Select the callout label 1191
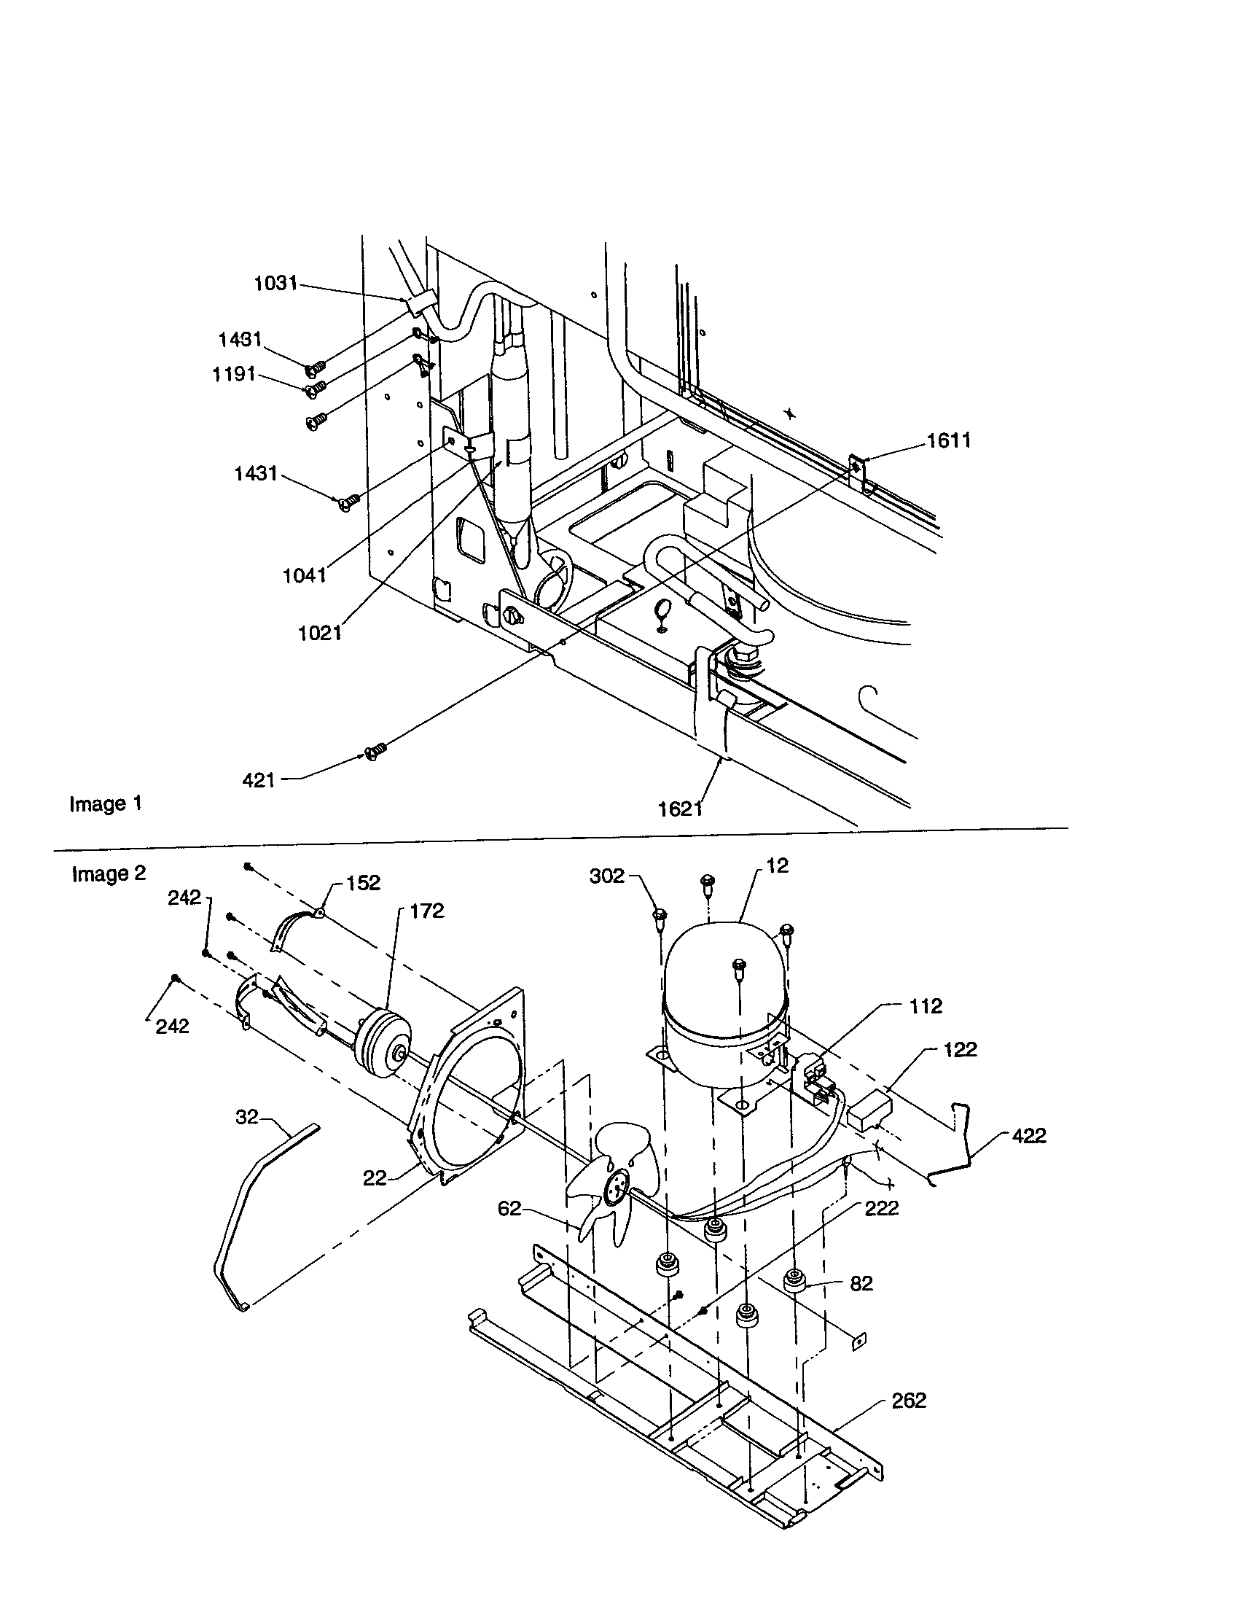tap(233, 374)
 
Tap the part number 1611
tap(948, 440)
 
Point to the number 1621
tap(681, 809)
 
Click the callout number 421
tap(259, 780)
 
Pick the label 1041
tap(305, 575)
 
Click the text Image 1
tap(106, 803)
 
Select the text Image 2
tap(109, 873)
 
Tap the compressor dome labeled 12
tap(723, 970)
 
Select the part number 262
tap(909, 1400)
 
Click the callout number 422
tap(1028, 1135)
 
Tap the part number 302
tap(606, 876)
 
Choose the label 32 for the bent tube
tap(246, 1116)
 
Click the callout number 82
tap(861, 1283)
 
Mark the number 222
tap(882, 1208)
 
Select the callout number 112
tap(925, 1006)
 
